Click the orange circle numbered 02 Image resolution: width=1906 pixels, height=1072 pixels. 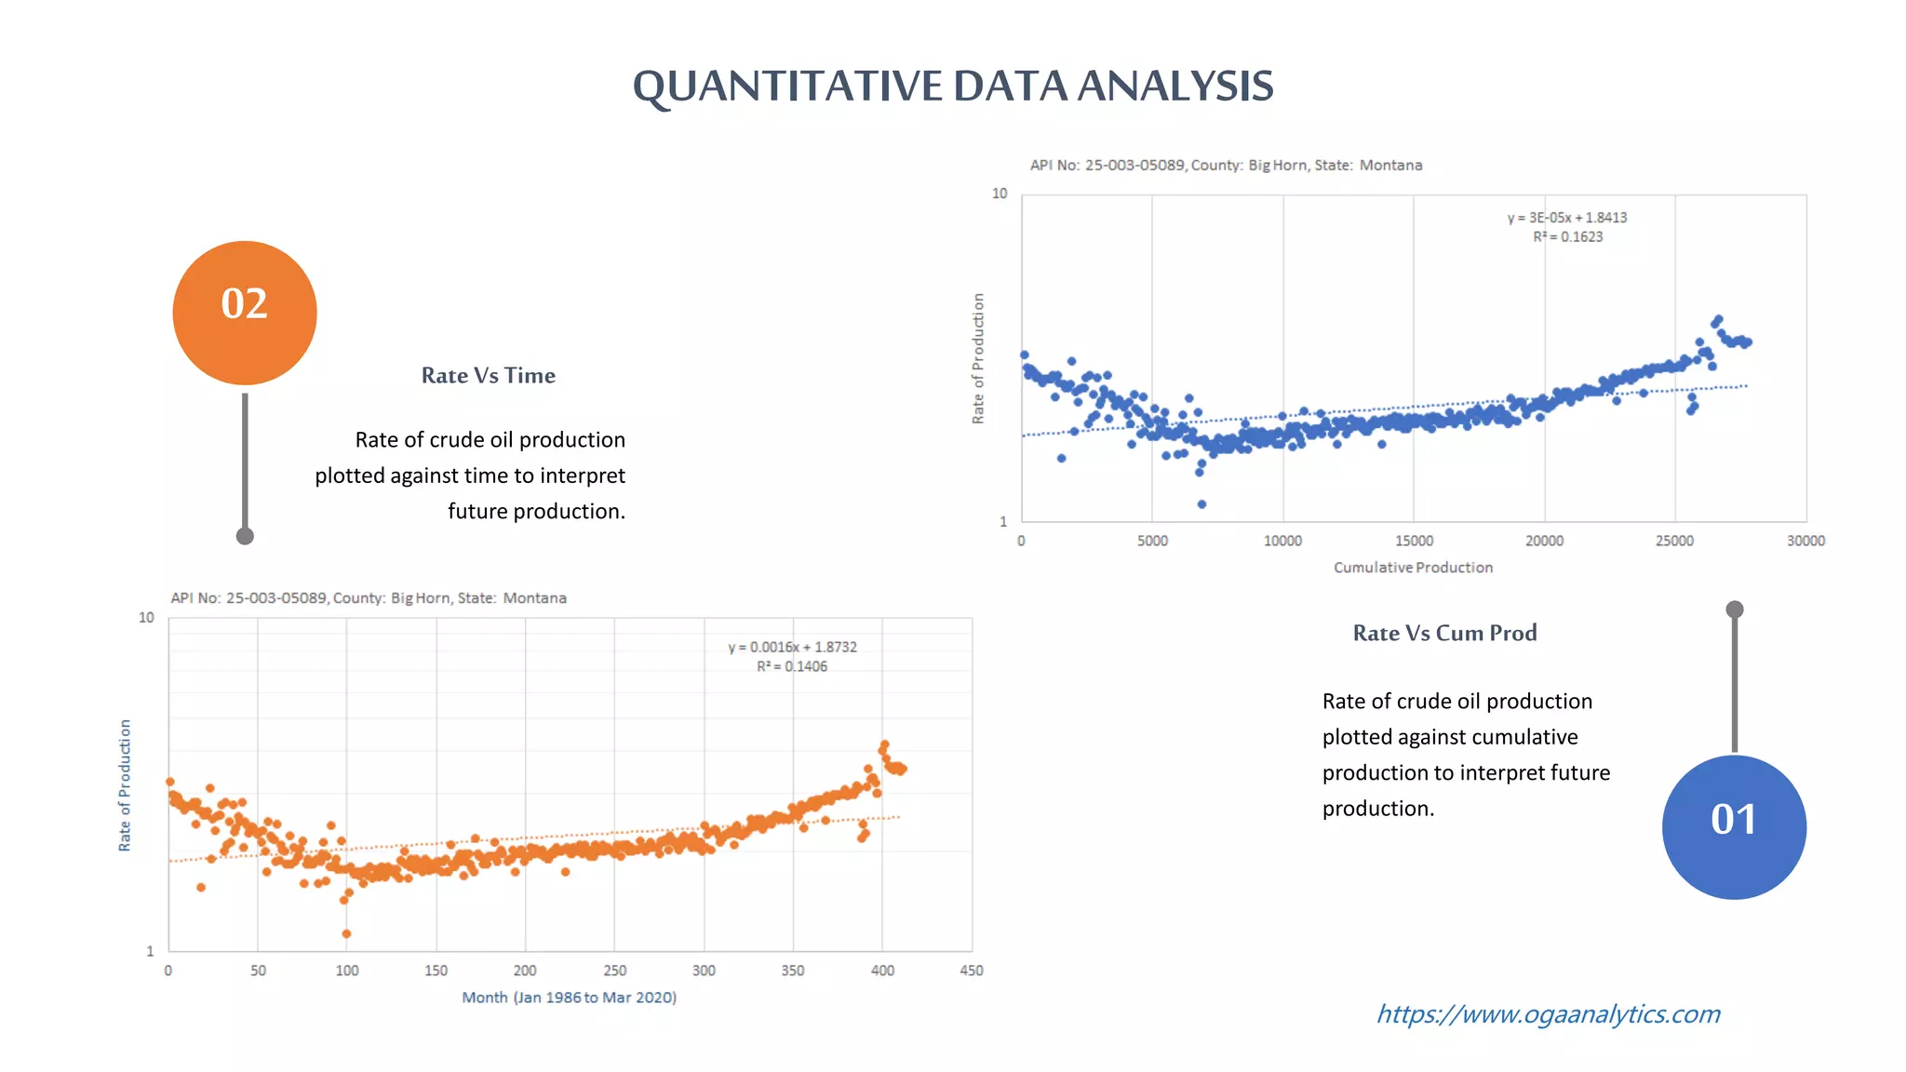(x=245, y=313)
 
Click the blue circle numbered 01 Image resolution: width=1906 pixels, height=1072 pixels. (x=1734, y=826)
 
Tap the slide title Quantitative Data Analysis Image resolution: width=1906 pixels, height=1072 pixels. (x=952, y=86)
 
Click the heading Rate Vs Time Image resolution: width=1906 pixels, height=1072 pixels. (x=488, y=375)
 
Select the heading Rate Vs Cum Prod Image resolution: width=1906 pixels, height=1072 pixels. (x=1444, y=633)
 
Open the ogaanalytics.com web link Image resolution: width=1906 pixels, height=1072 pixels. (x=1548, y=1013)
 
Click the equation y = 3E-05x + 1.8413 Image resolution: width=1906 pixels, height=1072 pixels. (x=1567, y=218)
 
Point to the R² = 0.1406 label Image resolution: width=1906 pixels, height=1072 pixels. (x=792, y=666)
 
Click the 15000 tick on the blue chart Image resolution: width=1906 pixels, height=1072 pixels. (x=1414, y=541)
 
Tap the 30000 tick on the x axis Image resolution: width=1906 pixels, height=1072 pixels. (x=1805, y=541)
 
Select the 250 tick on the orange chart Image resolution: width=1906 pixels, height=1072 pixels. (x=614, y=971)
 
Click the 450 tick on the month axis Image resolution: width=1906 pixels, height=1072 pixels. (x=971, y=971)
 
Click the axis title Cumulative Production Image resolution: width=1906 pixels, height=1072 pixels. (x=1413, y=568)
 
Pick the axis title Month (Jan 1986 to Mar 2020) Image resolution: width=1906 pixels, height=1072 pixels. (x=569, y=998)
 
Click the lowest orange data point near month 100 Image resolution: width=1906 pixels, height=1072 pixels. (x=346, y=933)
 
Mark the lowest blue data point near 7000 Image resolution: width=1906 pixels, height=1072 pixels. (x=1201, y=504)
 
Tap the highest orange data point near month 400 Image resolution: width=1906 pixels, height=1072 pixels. (x=884, y=744)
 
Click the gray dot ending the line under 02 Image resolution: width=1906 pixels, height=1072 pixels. (x=245, y=536)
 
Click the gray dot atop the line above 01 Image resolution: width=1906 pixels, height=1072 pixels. (x=1735, y=610)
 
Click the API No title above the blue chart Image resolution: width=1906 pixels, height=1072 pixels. (x=1226, y=166)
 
